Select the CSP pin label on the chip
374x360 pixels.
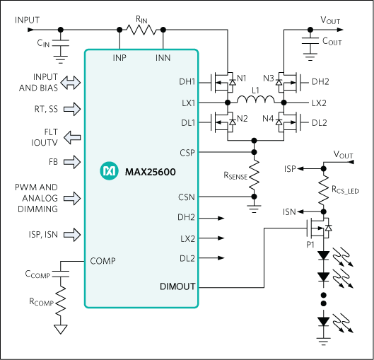pos(187,151)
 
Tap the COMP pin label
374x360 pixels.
pos(103,261)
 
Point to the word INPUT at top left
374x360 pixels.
pos(28,21)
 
